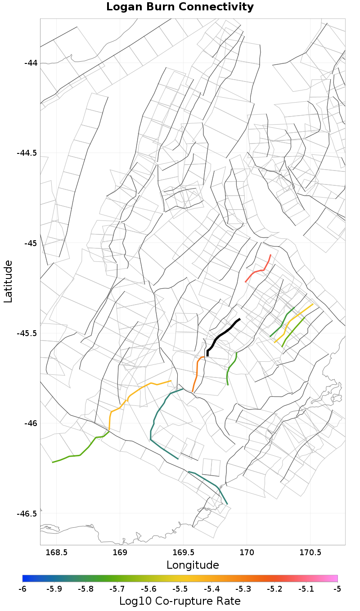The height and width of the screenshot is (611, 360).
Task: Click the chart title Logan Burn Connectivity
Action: [x=180, y=7]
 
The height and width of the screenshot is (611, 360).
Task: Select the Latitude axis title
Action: [x=8, y=281]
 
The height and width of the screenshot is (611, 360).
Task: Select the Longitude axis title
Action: [x=193, y=565]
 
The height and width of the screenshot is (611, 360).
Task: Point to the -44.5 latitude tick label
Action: [x=27, y=153]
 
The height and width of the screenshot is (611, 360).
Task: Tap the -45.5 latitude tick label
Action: [x=27, y=333]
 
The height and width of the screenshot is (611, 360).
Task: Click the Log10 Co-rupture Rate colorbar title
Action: [x=180, y=601]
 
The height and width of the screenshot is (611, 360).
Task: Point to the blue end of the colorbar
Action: [x=25, y=579]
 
